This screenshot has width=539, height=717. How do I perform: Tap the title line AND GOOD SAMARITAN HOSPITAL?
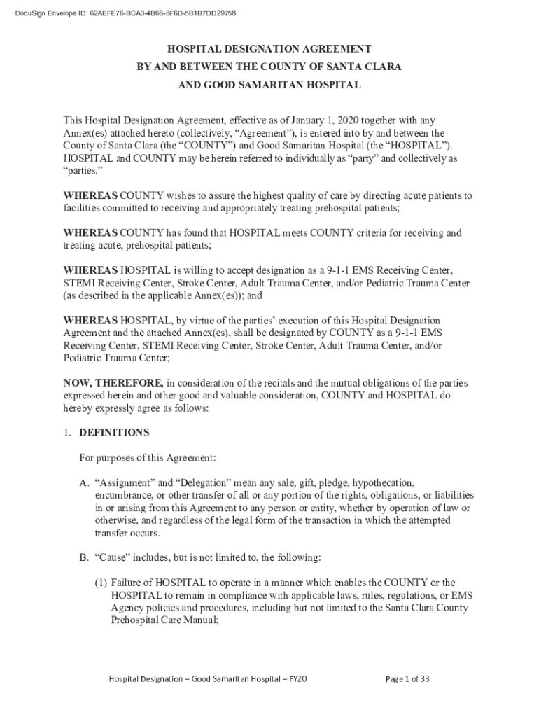(x=269, y=85)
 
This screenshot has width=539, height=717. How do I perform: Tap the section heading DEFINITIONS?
(x=114, y=433)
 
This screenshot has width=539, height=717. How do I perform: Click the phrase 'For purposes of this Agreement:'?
(x=148, y=458)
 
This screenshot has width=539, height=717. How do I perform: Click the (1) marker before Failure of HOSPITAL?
(x=101, y=583)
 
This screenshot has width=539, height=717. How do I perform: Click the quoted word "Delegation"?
(x=210, y=483)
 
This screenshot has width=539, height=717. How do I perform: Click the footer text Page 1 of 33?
(x=407, y=679)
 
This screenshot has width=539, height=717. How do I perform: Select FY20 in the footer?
(x=298, y=679)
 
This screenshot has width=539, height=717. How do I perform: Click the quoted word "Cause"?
(x=113, y=558)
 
